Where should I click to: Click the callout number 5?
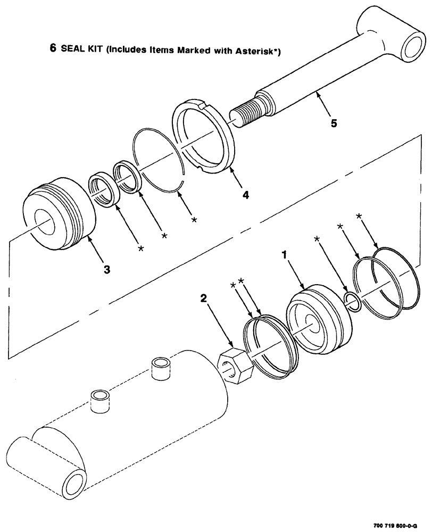334,123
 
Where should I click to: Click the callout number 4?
245,195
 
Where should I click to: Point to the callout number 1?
285,255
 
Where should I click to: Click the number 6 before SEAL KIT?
53,47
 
